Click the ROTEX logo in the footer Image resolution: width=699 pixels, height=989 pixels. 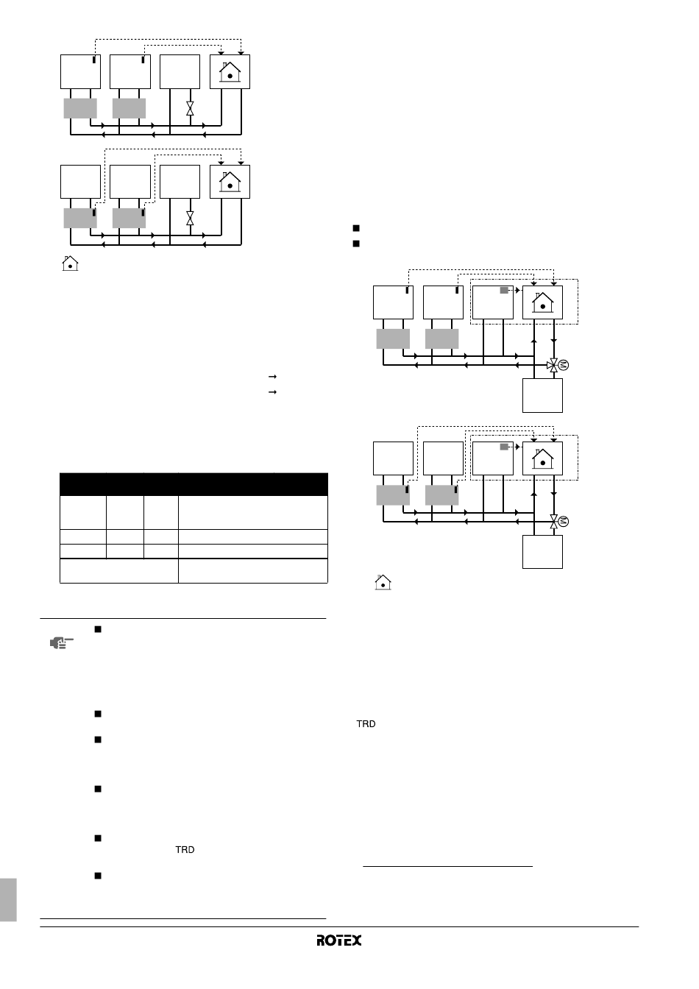click(x=339, y=940)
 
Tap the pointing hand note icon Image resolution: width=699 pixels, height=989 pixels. click(x=61, y=643)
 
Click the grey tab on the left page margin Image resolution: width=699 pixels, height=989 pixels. click(x=7, y=898)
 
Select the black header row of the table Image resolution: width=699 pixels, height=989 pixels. click(x=193, y=484)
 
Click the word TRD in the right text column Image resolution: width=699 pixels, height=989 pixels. click(x=366, y=725)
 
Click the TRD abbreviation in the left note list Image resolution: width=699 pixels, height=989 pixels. click(x=185, y=850)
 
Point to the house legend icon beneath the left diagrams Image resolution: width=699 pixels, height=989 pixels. click(x=70, y=263)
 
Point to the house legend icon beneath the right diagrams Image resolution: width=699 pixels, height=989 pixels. click(x=383, y=582)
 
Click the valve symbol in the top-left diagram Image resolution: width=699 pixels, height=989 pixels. click(x=190, y=107)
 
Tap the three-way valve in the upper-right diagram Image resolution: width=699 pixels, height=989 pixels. click(x=553, y=365)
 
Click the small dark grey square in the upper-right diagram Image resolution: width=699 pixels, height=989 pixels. click(x=504, y=291)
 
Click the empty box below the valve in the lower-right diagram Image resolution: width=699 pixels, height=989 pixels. click(x=542, y=551)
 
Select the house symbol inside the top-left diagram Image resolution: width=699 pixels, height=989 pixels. click(x=230, y=72)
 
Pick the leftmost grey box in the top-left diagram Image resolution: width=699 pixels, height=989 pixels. click(x=79, y=108)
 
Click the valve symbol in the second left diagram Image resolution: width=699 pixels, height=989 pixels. click(x=190, y=219)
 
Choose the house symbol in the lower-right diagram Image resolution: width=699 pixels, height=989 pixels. click(x=543, y=459)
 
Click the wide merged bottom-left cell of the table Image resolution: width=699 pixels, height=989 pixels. click(x=118, y=570)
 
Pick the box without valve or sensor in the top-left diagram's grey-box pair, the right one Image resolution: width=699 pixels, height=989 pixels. click(x=129, y=108)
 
